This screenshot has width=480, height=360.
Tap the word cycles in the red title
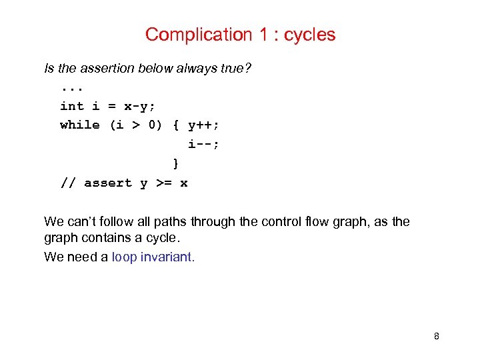(x=309, y=35)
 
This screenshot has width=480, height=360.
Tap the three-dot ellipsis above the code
(x=72, y=88)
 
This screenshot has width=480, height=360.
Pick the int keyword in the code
(x=72, y=106)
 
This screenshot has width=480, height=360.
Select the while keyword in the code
(x=80, y=125)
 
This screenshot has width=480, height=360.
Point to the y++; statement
(x=204, y=125)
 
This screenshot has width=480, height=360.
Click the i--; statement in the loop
(x=204, y=144)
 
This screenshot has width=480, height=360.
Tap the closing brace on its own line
(x=175, y=163)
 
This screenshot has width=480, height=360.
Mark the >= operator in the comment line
(x=163, y=183)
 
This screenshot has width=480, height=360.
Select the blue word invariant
(x=167, y=257)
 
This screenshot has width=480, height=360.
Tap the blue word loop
(x=124, y=257)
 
